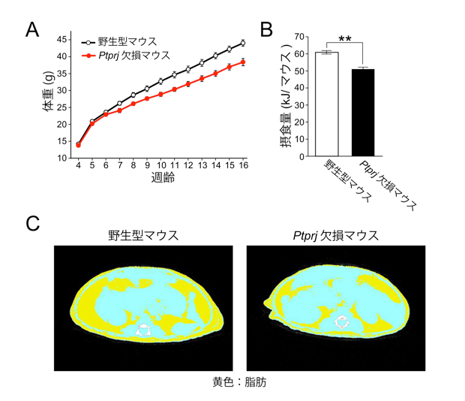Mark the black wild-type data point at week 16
click(243, 43)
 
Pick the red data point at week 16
click(243, 62)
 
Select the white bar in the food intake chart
click(327, 104)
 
